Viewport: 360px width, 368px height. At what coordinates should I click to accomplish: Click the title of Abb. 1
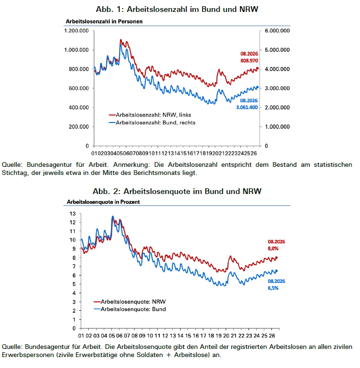click(177, 9)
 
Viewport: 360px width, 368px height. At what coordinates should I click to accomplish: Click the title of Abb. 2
click(177, 191)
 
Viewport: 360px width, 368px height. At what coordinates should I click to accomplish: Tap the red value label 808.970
click(249, 61)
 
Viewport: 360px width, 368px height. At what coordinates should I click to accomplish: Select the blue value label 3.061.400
click(247, 107)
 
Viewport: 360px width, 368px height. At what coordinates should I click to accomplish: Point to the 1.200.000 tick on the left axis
click(76, 31)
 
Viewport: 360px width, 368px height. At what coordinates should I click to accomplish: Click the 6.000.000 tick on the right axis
click(277, 31)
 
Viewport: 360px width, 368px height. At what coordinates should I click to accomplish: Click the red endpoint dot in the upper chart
click(257, 68)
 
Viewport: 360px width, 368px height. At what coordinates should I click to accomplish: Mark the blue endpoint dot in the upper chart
click(257, 87)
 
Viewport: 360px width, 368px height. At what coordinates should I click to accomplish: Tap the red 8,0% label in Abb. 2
click(273, 248)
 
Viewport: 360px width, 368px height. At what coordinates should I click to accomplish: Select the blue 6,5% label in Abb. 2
click(273, 288)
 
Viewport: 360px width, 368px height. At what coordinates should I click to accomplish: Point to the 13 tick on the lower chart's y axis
click(73, 214)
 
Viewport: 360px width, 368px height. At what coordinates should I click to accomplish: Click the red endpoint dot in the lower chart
click(276, 258)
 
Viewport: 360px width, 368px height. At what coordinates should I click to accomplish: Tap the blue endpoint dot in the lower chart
click(276, 271)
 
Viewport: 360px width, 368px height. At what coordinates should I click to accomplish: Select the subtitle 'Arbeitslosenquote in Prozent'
click(103, 202)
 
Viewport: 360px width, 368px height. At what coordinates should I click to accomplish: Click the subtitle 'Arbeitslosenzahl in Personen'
click(104, 21)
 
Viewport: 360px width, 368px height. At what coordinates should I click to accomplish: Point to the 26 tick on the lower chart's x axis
click(272, 336)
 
